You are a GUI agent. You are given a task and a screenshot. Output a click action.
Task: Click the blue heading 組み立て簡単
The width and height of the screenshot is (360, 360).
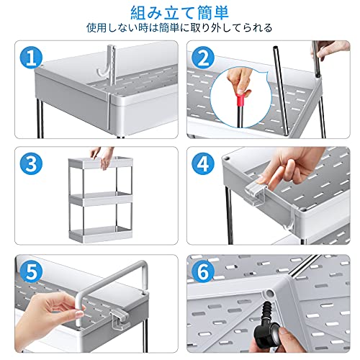[x=180, y=12]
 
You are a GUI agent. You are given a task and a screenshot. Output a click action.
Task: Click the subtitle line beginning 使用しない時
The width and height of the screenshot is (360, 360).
[x=179, y=28]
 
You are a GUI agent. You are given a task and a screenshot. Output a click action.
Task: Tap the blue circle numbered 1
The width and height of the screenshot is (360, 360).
[x=31, y=58]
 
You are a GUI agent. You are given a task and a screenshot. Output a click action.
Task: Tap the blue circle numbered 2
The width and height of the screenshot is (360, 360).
[x=203, y=58]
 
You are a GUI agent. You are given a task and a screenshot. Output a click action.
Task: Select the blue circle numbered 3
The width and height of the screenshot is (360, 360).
[x=31, y=164]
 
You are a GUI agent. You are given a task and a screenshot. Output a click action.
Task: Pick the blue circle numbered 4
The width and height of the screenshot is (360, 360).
[x=203, y=164]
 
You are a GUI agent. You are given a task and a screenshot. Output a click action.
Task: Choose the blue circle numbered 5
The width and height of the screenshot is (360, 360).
[x=31, y=272]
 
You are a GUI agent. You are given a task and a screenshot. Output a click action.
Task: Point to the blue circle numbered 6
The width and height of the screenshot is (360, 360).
[x=203, y=272]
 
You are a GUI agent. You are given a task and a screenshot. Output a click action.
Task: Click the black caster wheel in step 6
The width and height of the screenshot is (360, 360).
[x=269, y=332]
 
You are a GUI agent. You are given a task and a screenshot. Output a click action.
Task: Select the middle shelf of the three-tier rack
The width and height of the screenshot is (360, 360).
[x=101, y=199]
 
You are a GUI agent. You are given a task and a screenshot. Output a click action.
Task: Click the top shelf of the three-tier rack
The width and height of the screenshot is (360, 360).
[x=101, y=163]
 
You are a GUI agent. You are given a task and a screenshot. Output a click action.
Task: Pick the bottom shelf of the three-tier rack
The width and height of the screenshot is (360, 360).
[x=101, y=233]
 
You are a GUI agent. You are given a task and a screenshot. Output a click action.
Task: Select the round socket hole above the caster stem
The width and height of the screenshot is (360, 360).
[x=269, y=294]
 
